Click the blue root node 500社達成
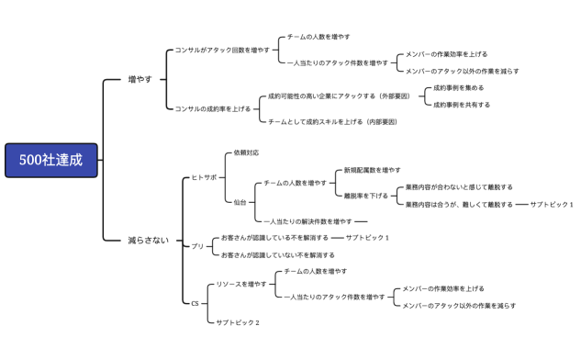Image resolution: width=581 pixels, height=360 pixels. pos(49,160)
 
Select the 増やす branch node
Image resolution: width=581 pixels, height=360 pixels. pos(140,80)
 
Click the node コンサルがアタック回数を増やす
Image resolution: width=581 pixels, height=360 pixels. pos(223,51)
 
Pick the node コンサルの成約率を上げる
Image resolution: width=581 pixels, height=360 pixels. pos(212,108)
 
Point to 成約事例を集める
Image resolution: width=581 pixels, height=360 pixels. pos(459,88)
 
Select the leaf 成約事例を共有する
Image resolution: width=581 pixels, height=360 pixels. pos(462,105)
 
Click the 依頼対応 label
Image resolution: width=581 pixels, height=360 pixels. pos(246,152)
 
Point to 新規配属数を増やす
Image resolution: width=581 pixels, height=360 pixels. pos(372,170)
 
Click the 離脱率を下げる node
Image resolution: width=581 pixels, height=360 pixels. pos(366,195)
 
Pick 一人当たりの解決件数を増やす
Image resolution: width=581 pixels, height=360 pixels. pos(307,221)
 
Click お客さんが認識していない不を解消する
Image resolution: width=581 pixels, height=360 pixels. pos(278,254)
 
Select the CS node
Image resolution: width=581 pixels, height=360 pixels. pos(195,303)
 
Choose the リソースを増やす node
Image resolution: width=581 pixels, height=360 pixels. pos(240,285)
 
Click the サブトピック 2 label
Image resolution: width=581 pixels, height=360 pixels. pos(238,322)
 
